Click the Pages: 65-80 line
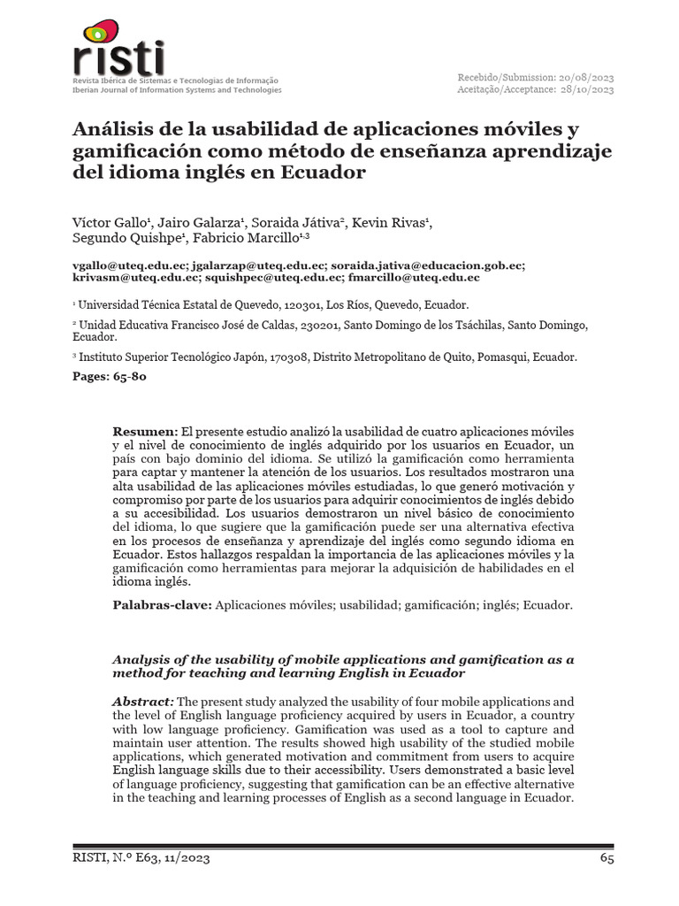coord(109,376)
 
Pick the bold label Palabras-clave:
coord(163,605)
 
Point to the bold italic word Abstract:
coord(143,701)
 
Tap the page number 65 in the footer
coord(607,858)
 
